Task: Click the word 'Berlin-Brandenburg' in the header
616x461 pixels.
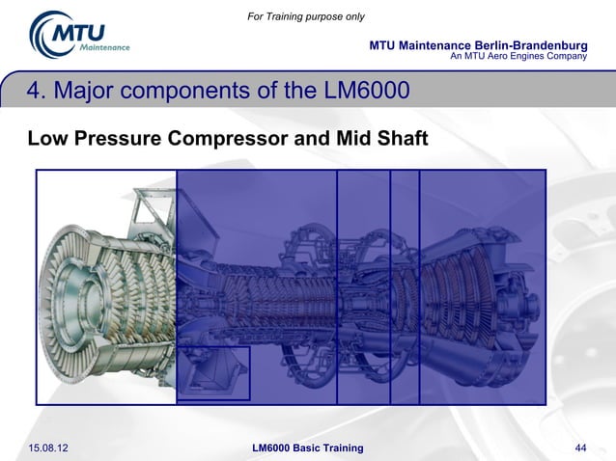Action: [528, 45]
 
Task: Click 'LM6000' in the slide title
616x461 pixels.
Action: [365, 92]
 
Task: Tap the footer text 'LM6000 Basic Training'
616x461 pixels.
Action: [307, 447]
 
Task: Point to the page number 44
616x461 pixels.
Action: [580, 447]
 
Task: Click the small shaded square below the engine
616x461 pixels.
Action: [213, 373]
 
